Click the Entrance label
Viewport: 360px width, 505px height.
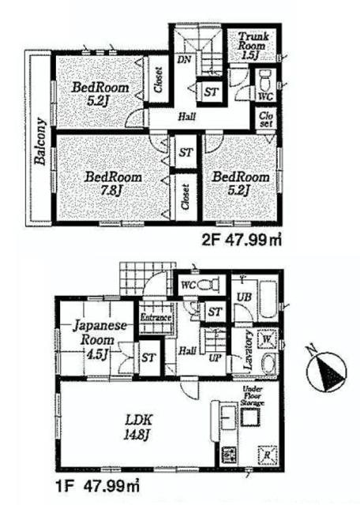[x=156, y=317]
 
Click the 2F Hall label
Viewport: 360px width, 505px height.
[x=186, y=117]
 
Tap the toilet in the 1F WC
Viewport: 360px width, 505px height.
[x=208, y=284]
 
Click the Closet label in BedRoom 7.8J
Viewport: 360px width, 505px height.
[x=185, y=196]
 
